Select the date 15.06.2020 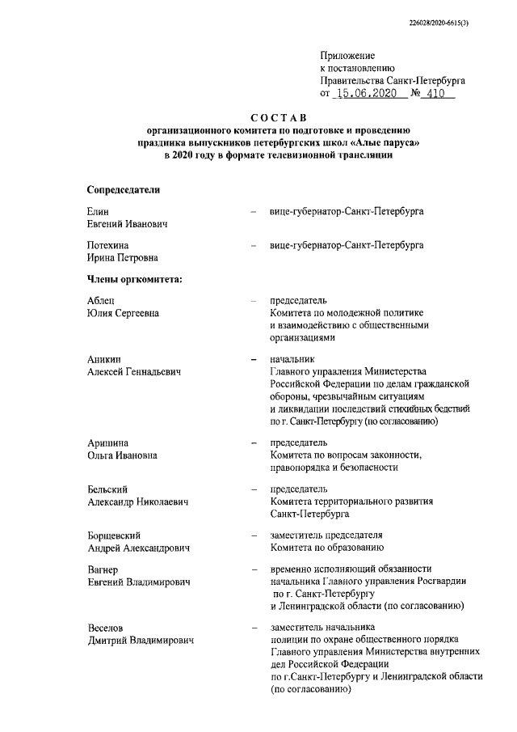(x=368, y=94)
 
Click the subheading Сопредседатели (x=124, y=189)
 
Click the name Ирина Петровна (x=122, y=257)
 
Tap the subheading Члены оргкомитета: (x=134, y=280)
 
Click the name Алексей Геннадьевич (x=133, y=371)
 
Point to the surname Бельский (x=108, y=489)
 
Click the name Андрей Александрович (x=138, y=548)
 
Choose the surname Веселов (x=107, y=628)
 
